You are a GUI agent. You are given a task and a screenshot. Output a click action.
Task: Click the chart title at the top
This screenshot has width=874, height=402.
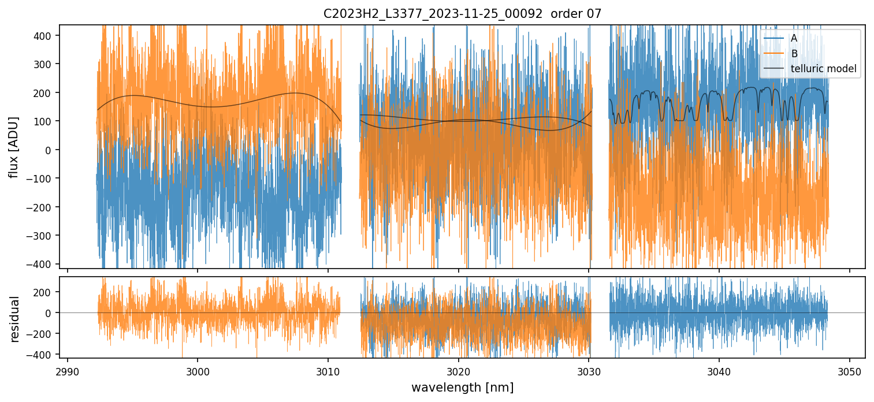tap(462, 14)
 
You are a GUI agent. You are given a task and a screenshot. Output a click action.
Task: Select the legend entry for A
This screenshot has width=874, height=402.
tap(794, 38)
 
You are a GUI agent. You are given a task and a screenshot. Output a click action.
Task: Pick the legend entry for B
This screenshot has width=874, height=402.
tap(794, 54)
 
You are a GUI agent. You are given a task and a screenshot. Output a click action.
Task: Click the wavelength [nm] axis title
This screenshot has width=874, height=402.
tap(462, 387)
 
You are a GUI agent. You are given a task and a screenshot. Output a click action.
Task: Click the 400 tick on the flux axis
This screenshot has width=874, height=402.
tap(44, 36)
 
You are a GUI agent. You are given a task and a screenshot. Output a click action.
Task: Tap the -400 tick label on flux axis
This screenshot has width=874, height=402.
tap(42, 264)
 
